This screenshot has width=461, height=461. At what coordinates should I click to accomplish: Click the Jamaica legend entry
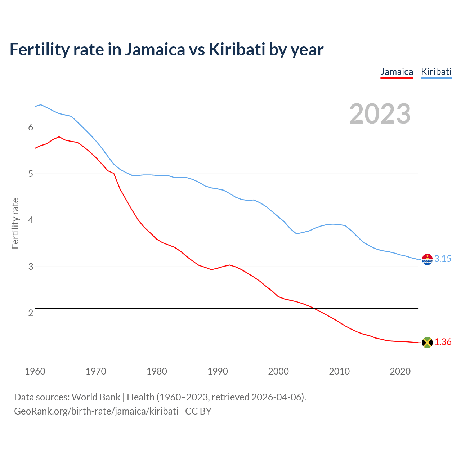pos(397,72)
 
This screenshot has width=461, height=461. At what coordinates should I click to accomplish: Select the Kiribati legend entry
pos(436,72)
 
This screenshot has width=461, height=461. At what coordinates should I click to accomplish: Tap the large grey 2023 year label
pos(380,114)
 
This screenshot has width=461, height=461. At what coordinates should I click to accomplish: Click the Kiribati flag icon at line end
pos(427,259)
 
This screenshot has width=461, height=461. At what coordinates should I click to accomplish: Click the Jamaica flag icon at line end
pos(427,343)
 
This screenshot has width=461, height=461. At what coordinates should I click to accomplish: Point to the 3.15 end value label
pos(443,259)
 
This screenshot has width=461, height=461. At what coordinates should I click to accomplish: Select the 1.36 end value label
pos(443,342)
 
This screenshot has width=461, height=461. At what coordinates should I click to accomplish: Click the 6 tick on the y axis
pos(31,127)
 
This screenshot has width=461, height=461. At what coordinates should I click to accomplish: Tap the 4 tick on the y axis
pos(31,220)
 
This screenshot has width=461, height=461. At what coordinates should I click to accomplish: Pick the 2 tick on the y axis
pos(31,313)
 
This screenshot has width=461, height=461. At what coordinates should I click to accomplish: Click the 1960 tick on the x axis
pos(35,371)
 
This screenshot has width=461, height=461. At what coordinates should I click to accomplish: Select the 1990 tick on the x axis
pos(218,371)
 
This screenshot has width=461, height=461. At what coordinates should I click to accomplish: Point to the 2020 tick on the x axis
pos(400,371)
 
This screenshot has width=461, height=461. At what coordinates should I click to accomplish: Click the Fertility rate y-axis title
pos(15,223)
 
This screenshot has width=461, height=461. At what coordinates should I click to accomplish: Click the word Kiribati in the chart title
pos(237,50)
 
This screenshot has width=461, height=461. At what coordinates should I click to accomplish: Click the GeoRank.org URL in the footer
pos(96,411)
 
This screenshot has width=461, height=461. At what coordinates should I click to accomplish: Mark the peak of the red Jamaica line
pos(59,137)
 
